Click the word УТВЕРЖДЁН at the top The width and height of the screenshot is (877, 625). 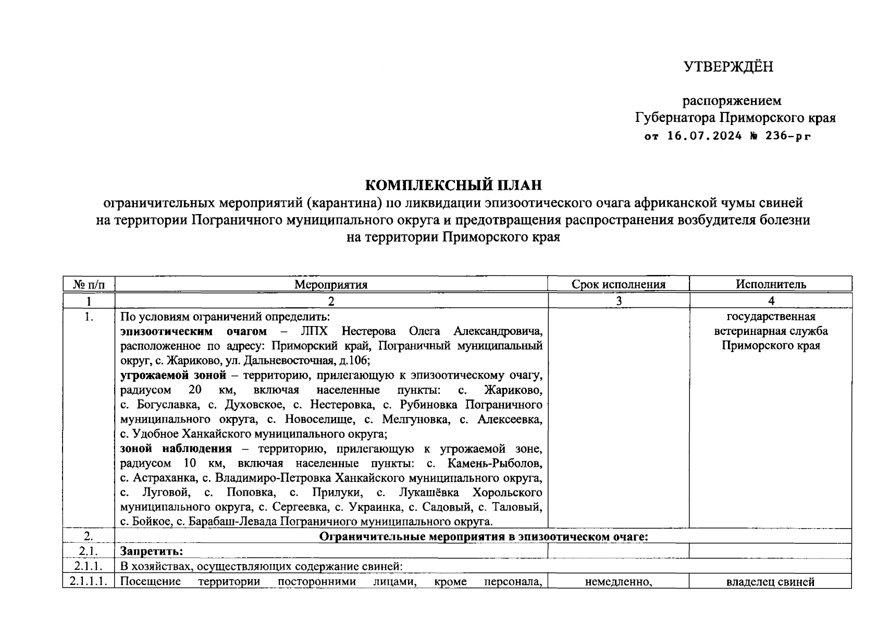[728, 67]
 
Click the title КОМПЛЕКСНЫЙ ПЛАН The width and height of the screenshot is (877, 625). [453, 185]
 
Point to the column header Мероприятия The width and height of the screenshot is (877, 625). [331, 284]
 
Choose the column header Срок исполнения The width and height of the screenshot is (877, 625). [619, 284]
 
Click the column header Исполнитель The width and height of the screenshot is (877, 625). [771, 284]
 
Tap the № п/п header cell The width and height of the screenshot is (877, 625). [89, 284]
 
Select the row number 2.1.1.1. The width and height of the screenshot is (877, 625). [89, 582]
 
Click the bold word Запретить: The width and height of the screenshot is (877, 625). [152, 551]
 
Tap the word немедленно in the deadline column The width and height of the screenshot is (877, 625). [619, 582]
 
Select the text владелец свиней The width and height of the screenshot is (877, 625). [770, 582]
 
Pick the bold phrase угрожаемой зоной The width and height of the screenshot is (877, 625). [173, 375]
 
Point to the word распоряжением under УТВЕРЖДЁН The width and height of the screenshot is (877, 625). [732, 101]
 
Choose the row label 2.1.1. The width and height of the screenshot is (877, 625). [89, 566]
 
